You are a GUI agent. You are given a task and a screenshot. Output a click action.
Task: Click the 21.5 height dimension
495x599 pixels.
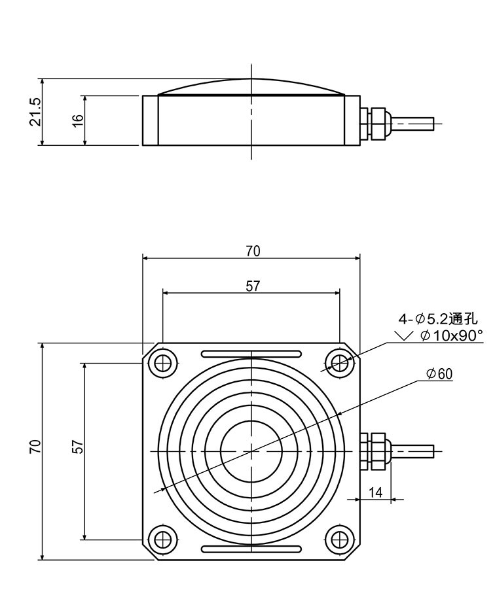(x=35, y=112)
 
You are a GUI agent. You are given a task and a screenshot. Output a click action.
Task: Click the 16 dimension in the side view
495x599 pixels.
(x=78, y=120)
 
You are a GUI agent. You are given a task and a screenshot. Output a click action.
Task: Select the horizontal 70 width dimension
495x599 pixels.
(x=252, y=250)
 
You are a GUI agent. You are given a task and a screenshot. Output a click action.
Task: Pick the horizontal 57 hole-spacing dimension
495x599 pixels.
(x=252, y=286)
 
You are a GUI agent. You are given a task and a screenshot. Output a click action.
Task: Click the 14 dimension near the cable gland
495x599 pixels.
(x=375, y=492)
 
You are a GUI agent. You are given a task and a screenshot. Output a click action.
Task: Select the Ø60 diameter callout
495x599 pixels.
(x=439, y=373)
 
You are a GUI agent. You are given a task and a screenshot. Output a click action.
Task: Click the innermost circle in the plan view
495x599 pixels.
(x=251, y=451)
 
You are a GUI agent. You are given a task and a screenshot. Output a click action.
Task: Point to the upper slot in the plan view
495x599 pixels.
(x=251, y=354)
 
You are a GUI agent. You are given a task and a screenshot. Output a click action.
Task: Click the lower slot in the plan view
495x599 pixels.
(x=251, y=548)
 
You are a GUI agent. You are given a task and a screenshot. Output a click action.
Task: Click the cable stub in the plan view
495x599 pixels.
(x=412, y=451)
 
